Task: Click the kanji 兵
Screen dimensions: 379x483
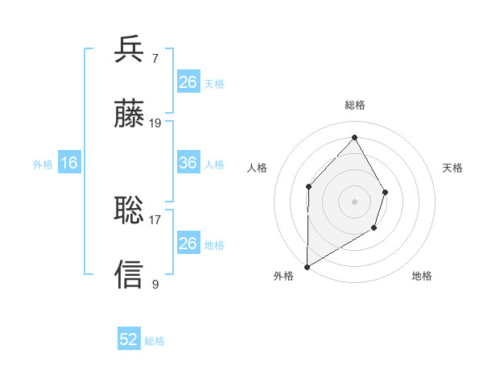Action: pos(130,49)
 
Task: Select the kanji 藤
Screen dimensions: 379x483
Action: pos(130,115)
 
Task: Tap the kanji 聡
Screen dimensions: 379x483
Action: pos(130,210)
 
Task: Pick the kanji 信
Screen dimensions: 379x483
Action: pos(130,274)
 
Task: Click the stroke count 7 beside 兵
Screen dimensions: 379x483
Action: pos(155,59)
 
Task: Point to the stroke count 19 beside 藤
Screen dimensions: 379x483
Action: pos(155,123)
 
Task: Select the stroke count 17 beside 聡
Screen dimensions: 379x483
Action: pos(155,219)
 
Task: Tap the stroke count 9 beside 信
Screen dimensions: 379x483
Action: pos(155,284)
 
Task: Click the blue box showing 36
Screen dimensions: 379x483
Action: pos(188,163)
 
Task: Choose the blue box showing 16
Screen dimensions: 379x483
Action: pos(69,163)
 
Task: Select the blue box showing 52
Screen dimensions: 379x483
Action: pos(129,340)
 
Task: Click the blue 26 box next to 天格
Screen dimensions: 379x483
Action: pos(188,82)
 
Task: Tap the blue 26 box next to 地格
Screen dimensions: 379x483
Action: pos(188,244)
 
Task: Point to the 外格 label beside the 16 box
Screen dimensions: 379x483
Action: pos(43,164)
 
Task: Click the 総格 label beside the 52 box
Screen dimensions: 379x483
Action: pos(155,341)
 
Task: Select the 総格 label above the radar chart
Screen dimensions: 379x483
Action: pos(355,105)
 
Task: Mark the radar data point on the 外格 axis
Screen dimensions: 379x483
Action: pos(307,266)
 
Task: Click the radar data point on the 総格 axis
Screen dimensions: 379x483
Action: pos(354,137)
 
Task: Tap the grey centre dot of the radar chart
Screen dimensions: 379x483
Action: pos(354,201)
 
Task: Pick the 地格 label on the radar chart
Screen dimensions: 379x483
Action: pos(422,276)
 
